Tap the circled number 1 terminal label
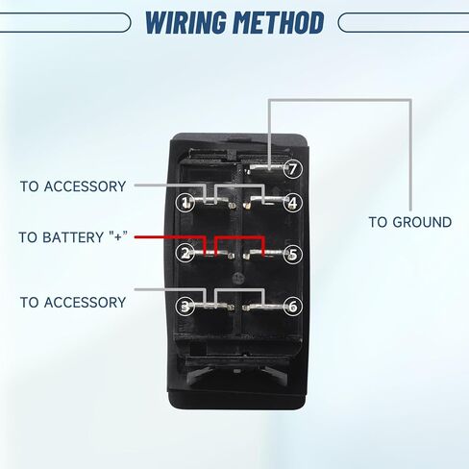click(x=185, y=202)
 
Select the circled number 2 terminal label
click(x=185, y=253)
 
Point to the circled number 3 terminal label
click(x=185, y=306)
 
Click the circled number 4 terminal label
click(x=293, y=202)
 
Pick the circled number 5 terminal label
click(x=293, y=254)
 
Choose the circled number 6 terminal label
click(x=293, y=306)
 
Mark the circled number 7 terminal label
click(x=293, y=169)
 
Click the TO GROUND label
click(x=410, y=222)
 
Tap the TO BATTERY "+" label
click(x=73, y=237)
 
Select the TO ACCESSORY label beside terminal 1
click(x=73, y=186)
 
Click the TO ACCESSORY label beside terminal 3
click(x=73, y=302)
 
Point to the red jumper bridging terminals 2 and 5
click(x=240, y=237)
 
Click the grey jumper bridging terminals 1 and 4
click(x=240, y=185)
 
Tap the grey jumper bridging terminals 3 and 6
click(x=240, y=289)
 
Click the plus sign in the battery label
click(x=118, y=236)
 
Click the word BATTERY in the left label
click(x=73, y=237)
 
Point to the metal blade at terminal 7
click(x=266, y=167)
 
